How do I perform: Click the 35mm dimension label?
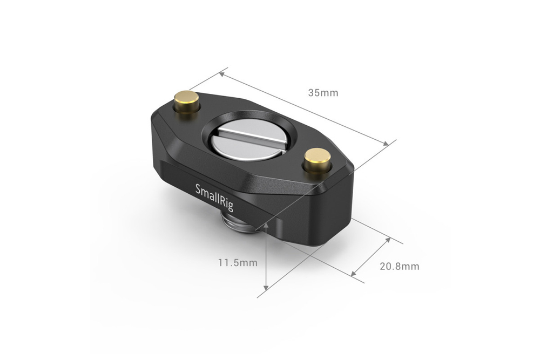click(x=323, y=93)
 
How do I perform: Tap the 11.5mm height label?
click(x=238, y=263)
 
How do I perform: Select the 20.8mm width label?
click(x=399, y=266)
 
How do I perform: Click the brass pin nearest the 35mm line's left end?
click(x=186, y=102)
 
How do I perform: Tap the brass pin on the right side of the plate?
click(x=317, y=160)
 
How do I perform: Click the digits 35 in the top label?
click(x=314, y=93)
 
